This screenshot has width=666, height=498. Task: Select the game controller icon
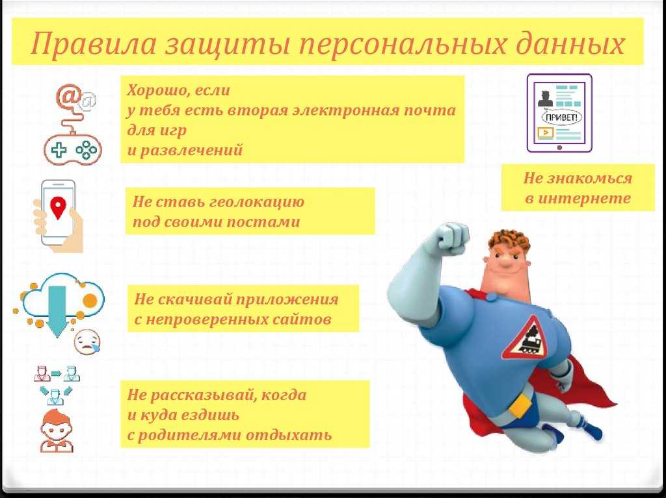coord(73,150)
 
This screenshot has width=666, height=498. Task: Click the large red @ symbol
coord(68,96)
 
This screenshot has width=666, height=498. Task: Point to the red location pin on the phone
coord(58,207)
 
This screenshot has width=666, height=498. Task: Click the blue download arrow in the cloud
coord(57,311)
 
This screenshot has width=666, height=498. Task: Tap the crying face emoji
coord(88,342)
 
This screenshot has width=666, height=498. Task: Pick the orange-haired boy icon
coord(57,430)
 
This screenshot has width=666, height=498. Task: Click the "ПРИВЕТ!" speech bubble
coord(562,118)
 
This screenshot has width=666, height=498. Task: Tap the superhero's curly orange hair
coord(509,242)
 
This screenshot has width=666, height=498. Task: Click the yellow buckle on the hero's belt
coord(520,405)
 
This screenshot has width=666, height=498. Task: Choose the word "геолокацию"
coord(257,202)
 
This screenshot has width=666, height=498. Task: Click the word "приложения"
coord(287,299)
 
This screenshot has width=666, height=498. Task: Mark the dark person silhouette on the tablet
coord(546,98)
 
